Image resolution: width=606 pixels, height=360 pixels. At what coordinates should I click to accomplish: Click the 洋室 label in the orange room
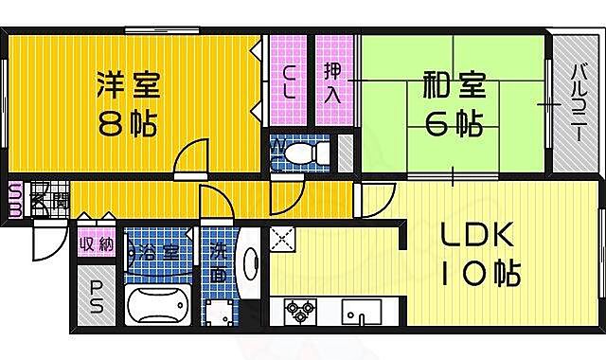pos(128,86)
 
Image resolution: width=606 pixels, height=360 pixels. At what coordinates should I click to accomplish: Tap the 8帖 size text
pos(128,124)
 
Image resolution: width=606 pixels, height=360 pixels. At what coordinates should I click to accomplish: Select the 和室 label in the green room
pos(453,86)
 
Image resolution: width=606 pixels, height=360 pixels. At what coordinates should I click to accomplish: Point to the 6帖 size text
pos(453,124)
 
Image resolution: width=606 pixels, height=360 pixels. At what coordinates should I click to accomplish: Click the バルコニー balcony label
pos(576,102)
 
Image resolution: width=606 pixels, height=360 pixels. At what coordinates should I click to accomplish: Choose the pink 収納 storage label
pos(97,244)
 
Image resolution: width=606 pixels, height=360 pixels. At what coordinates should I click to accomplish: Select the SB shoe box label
pos(15,200)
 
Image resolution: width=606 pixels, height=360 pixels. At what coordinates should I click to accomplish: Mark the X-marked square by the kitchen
pos(283,240)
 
